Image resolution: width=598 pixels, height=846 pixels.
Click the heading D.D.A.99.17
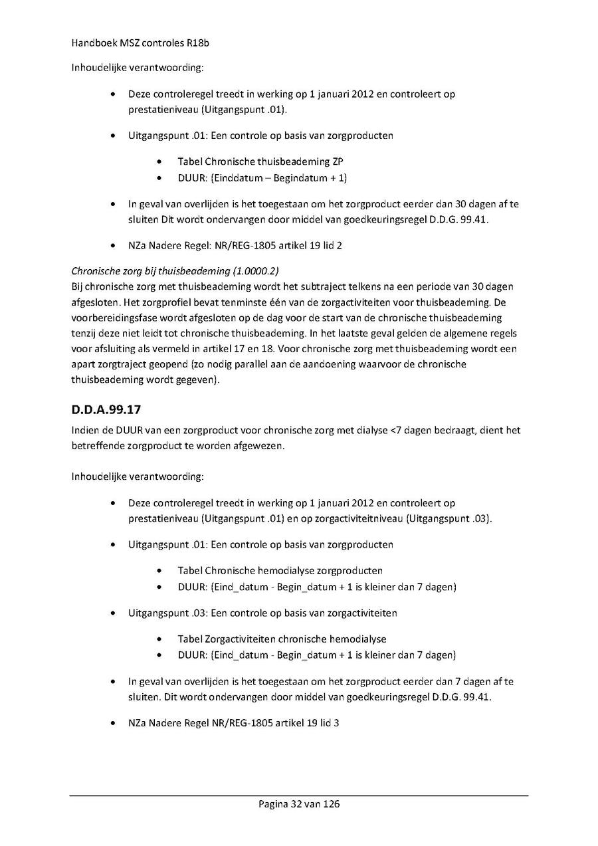[106, 409]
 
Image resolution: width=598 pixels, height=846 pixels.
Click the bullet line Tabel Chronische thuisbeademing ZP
[260, 161]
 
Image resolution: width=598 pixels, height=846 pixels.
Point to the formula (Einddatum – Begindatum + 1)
[278, 178]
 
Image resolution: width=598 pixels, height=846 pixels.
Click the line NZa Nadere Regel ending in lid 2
[235, 245]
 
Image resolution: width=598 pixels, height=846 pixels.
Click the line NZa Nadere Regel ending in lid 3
[234, 723]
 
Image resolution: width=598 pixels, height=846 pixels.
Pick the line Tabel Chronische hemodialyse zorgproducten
[280, 570]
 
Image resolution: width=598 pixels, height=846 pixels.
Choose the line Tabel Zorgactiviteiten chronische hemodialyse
[282, 639]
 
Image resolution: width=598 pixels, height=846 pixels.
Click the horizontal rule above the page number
[299, 795]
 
